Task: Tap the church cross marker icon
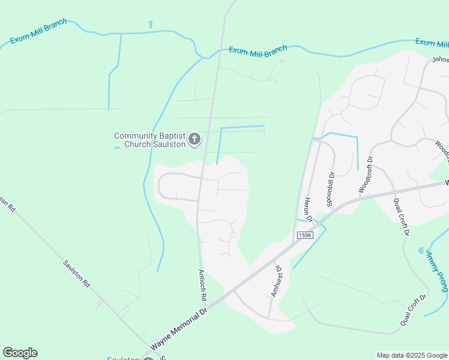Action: [194, 140]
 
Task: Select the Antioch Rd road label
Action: [203, 284]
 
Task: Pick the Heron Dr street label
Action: [309, 209]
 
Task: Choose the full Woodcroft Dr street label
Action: [366, 174]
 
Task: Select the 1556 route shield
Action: [304, 236]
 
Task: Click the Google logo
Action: [20, 353]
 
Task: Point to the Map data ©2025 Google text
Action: [411, 355]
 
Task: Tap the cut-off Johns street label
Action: [441, 59]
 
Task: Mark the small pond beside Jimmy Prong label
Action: [420, 250]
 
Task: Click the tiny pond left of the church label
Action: [117, 148]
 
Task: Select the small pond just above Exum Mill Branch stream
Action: [150, 25]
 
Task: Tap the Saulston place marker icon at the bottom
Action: [148, 358]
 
